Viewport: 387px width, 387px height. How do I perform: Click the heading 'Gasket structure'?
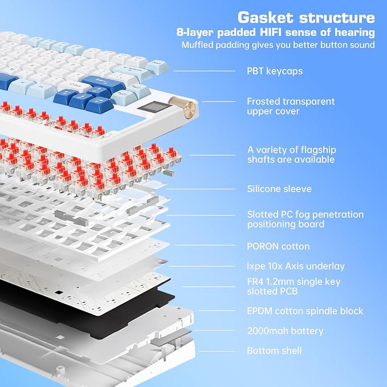pyautogui.click(x=306, y=18)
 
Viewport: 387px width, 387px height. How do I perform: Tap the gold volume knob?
pyautogui.click(x=182, y=107)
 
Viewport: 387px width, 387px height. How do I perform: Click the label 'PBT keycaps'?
pyautogui.click(x=275, y=71)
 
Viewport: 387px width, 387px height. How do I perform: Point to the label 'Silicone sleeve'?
pyautogui.click(x=279, y=189)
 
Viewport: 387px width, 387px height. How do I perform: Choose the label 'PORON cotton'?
pyautogui.click(x=278, y=246)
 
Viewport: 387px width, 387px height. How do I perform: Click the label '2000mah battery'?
pyautogui.click(x=285, y=331)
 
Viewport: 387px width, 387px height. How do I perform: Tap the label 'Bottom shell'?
pyautogui.click(x=274, y=351)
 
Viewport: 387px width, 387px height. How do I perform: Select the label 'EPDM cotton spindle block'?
pyautogui.click(x=305, y=311)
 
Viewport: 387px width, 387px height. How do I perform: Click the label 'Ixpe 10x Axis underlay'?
pyautogui.click(x=296, y=266)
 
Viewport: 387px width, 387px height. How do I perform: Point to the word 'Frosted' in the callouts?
pyautogui.click(x=263, y=101)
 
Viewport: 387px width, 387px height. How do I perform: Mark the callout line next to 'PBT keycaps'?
pyautogui.click(x=205, y=71)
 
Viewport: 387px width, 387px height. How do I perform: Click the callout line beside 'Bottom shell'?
pyautogui.click(x=217, y=351)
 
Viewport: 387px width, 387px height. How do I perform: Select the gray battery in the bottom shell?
pyautogui.click(x=170, y=337)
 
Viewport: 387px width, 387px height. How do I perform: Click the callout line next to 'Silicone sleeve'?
pyautogui.click(x=201, y=189)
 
